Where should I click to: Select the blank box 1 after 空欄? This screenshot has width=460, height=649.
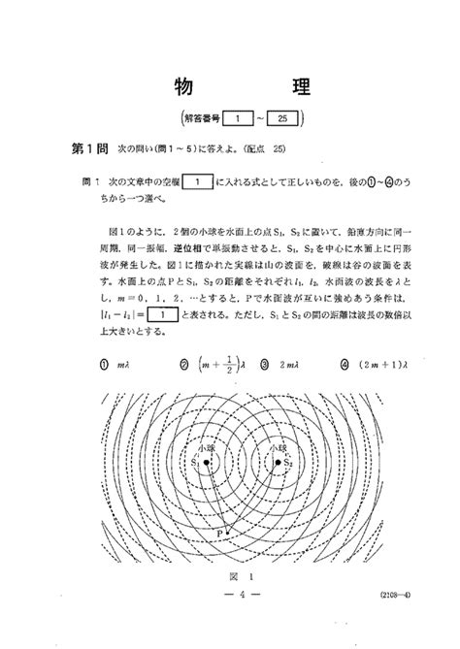[x=197, y=181]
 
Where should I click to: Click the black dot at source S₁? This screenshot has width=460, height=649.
[x=208, y=463]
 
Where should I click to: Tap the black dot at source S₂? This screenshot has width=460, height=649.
[x=279, y=463]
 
